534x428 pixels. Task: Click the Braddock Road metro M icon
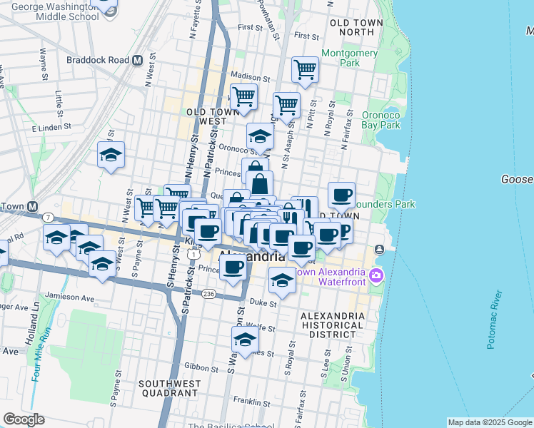point(137,61)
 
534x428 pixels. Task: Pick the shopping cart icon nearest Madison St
point(305,70)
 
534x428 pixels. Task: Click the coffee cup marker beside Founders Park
point(342,194)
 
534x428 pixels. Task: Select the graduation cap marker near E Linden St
point(111,155)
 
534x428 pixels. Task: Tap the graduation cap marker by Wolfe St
point(245,340)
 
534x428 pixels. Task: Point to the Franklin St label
point(255,402)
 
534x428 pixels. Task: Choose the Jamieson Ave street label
point(69,297)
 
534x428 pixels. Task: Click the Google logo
point(24,419)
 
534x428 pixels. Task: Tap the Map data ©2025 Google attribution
point(489,422)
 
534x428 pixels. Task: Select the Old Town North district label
point(357,28)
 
